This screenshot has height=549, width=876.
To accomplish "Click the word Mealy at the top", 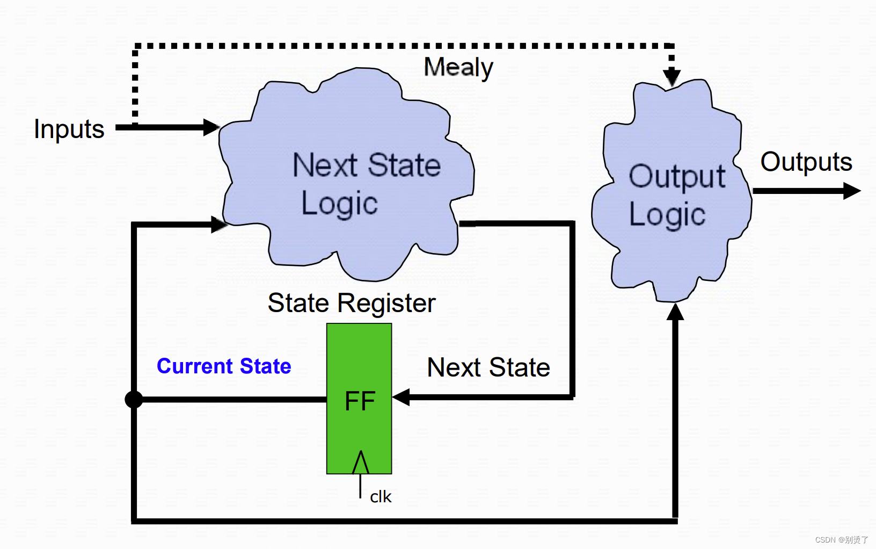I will coord(458,68).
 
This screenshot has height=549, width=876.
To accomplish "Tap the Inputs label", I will coord(69,129).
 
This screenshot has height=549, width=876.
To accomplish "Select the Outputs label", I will coord(806,162).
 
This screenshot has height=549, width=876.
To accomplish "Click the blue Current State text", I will coord(224,366).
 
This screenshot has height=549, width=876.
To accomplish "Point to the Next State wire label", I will coord(488,368).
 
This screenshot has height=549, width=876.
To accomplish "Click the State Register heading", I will coord(352,304).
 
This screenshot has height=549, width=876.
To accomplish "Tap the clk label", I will coord(381,497).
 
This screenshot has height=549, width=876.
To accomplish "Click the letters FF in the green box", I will coord(360,401).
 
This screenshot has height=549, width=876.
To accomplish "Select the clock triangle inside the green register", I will coord(360,463).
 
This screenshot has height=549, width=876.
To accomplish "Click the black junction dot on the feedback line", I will coord(134,399).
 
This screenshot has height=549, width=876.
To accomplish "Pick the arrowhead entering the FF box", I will coord(401,397).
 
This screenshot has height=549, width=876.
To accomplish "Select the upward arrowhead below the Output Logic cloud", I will coord(675,312).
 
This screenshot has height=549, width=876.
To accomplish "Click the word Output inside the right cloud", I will coord(677,177).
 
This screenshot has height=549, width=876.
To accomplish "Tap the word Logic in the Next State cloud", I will coord(339,204).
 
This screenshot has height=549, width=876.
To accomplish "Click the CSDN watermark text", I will coord(841,540).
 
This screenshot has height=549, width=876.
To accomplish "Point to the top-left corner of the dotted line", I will coord(136,47).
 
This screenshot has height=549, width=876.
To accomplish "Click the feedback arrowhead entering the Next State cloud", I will coord(218,225).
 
